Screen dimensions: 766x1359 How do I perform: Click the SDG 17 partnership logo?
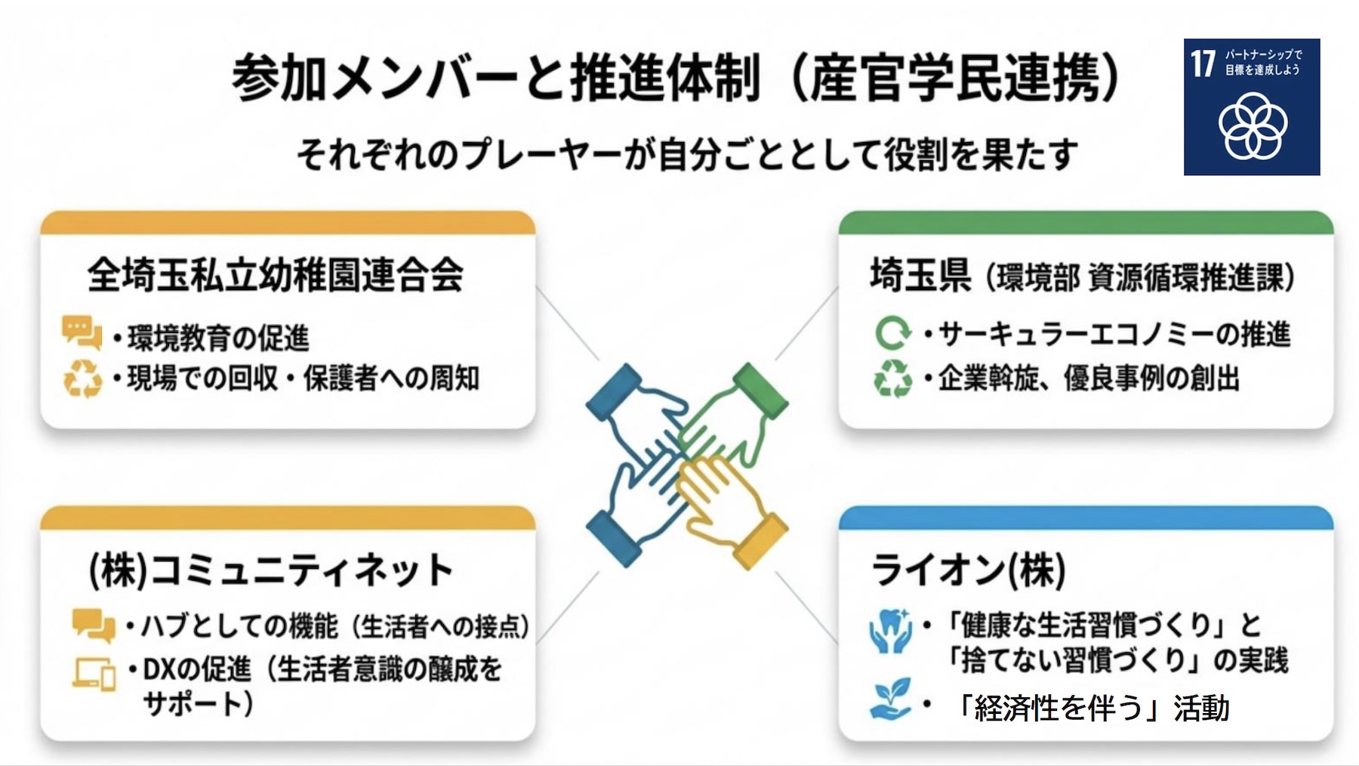pos(1251,107)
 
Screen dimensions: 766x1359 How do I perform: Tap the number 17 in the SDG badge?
pos(1203,63)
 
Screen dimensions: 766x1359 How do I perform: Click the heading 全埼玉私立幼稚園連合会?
pos(275,275)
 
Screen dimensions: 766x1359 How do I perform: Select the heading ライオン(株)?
pos(968,570)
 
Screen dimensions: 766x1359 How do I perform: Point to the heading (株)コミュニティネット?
pos(270,570)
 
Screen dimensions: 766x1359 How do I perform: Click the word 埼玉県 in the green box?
pos(920,275)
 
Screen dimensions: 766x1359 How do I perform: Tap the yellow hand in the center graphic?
pos(725,502)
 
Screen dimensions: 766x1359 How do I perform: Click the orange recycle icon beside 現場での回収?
pos(82,378)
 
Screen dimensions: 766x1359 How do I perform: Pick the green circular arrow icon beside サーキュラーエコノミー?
pos(892,333)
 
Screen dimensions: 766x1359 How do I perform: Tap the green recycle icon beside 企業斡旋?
pos(892,378)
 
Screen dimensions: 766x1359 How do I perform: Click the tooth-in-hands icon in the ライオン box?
pos(890,631)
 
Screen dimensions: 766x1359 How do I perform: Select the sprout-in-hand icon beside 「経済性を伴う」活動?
pos(890,699)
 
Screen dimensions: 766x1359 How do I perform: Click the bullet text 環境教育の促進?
pos(218,338)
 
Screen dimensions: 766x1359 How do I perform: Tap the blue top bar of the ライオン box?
pos(1085,518)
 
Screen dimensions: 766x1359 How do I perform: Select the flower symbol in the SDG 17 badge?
pos(1253,126)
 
